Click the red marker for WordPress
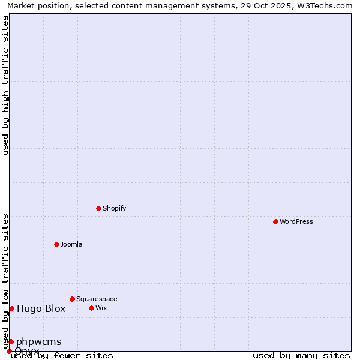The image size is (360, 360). [x=275, y=221]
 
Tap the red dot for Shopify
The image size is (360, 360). [x=98, y=208]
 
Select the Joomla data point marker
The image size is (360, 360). [x=56, y=244]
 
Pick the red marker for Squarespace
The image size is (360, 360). [x=72, y=299]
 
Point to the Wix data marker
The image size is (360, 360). [x=91, y=308]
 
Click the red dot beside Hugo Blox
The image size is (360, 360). [x=11, y=308]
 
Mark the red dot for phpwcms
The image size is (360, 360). [x=11, y=341]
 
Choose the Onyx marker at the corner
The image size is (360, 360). [x=9, y=351]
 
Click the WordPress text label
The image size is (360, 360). [x=296, y=221]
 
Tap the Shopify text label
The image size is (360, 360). [x=114, y=208]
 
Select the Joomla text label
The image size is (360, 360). [x=71, y=244]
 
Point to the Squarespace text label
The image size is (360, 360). [x=97, y=299]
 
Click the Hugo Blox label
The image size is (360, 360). [x=41, y=308]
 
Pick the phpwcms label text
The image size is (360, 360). [x=38, y=341]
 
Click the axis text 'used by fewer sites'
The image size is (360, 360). [x=62, y=355]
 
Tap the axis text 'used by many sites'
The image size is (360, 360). [x=301, y=355]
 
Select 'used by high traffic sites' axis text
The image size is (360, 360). [x=5, y=85]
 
